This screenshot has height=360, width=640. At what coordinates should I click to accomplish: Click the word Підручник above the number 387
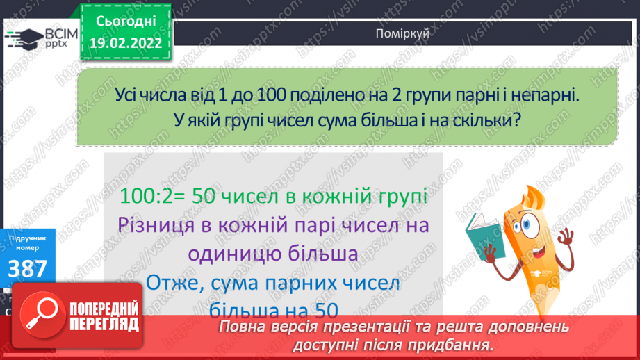[26, 238]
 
